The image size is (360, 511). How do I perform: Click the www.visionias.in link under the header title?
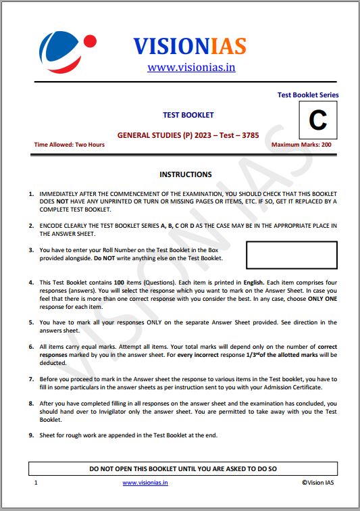coord(191,67)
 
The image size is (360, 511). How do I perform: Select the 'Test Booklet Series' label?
coord(308,95)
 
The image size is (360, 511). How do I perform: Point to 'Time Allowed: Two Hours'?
coord(70,145)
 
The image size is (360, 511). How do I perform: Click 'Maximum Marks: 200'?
coord(301,145)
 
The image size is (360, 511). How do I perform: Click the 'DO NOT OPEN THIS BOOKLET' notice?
coord(183,468)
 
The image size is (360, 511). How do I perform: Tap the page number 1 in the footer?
coord(36,483)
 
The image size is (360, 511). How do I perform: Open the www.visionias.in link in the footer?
coord(145,483)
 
